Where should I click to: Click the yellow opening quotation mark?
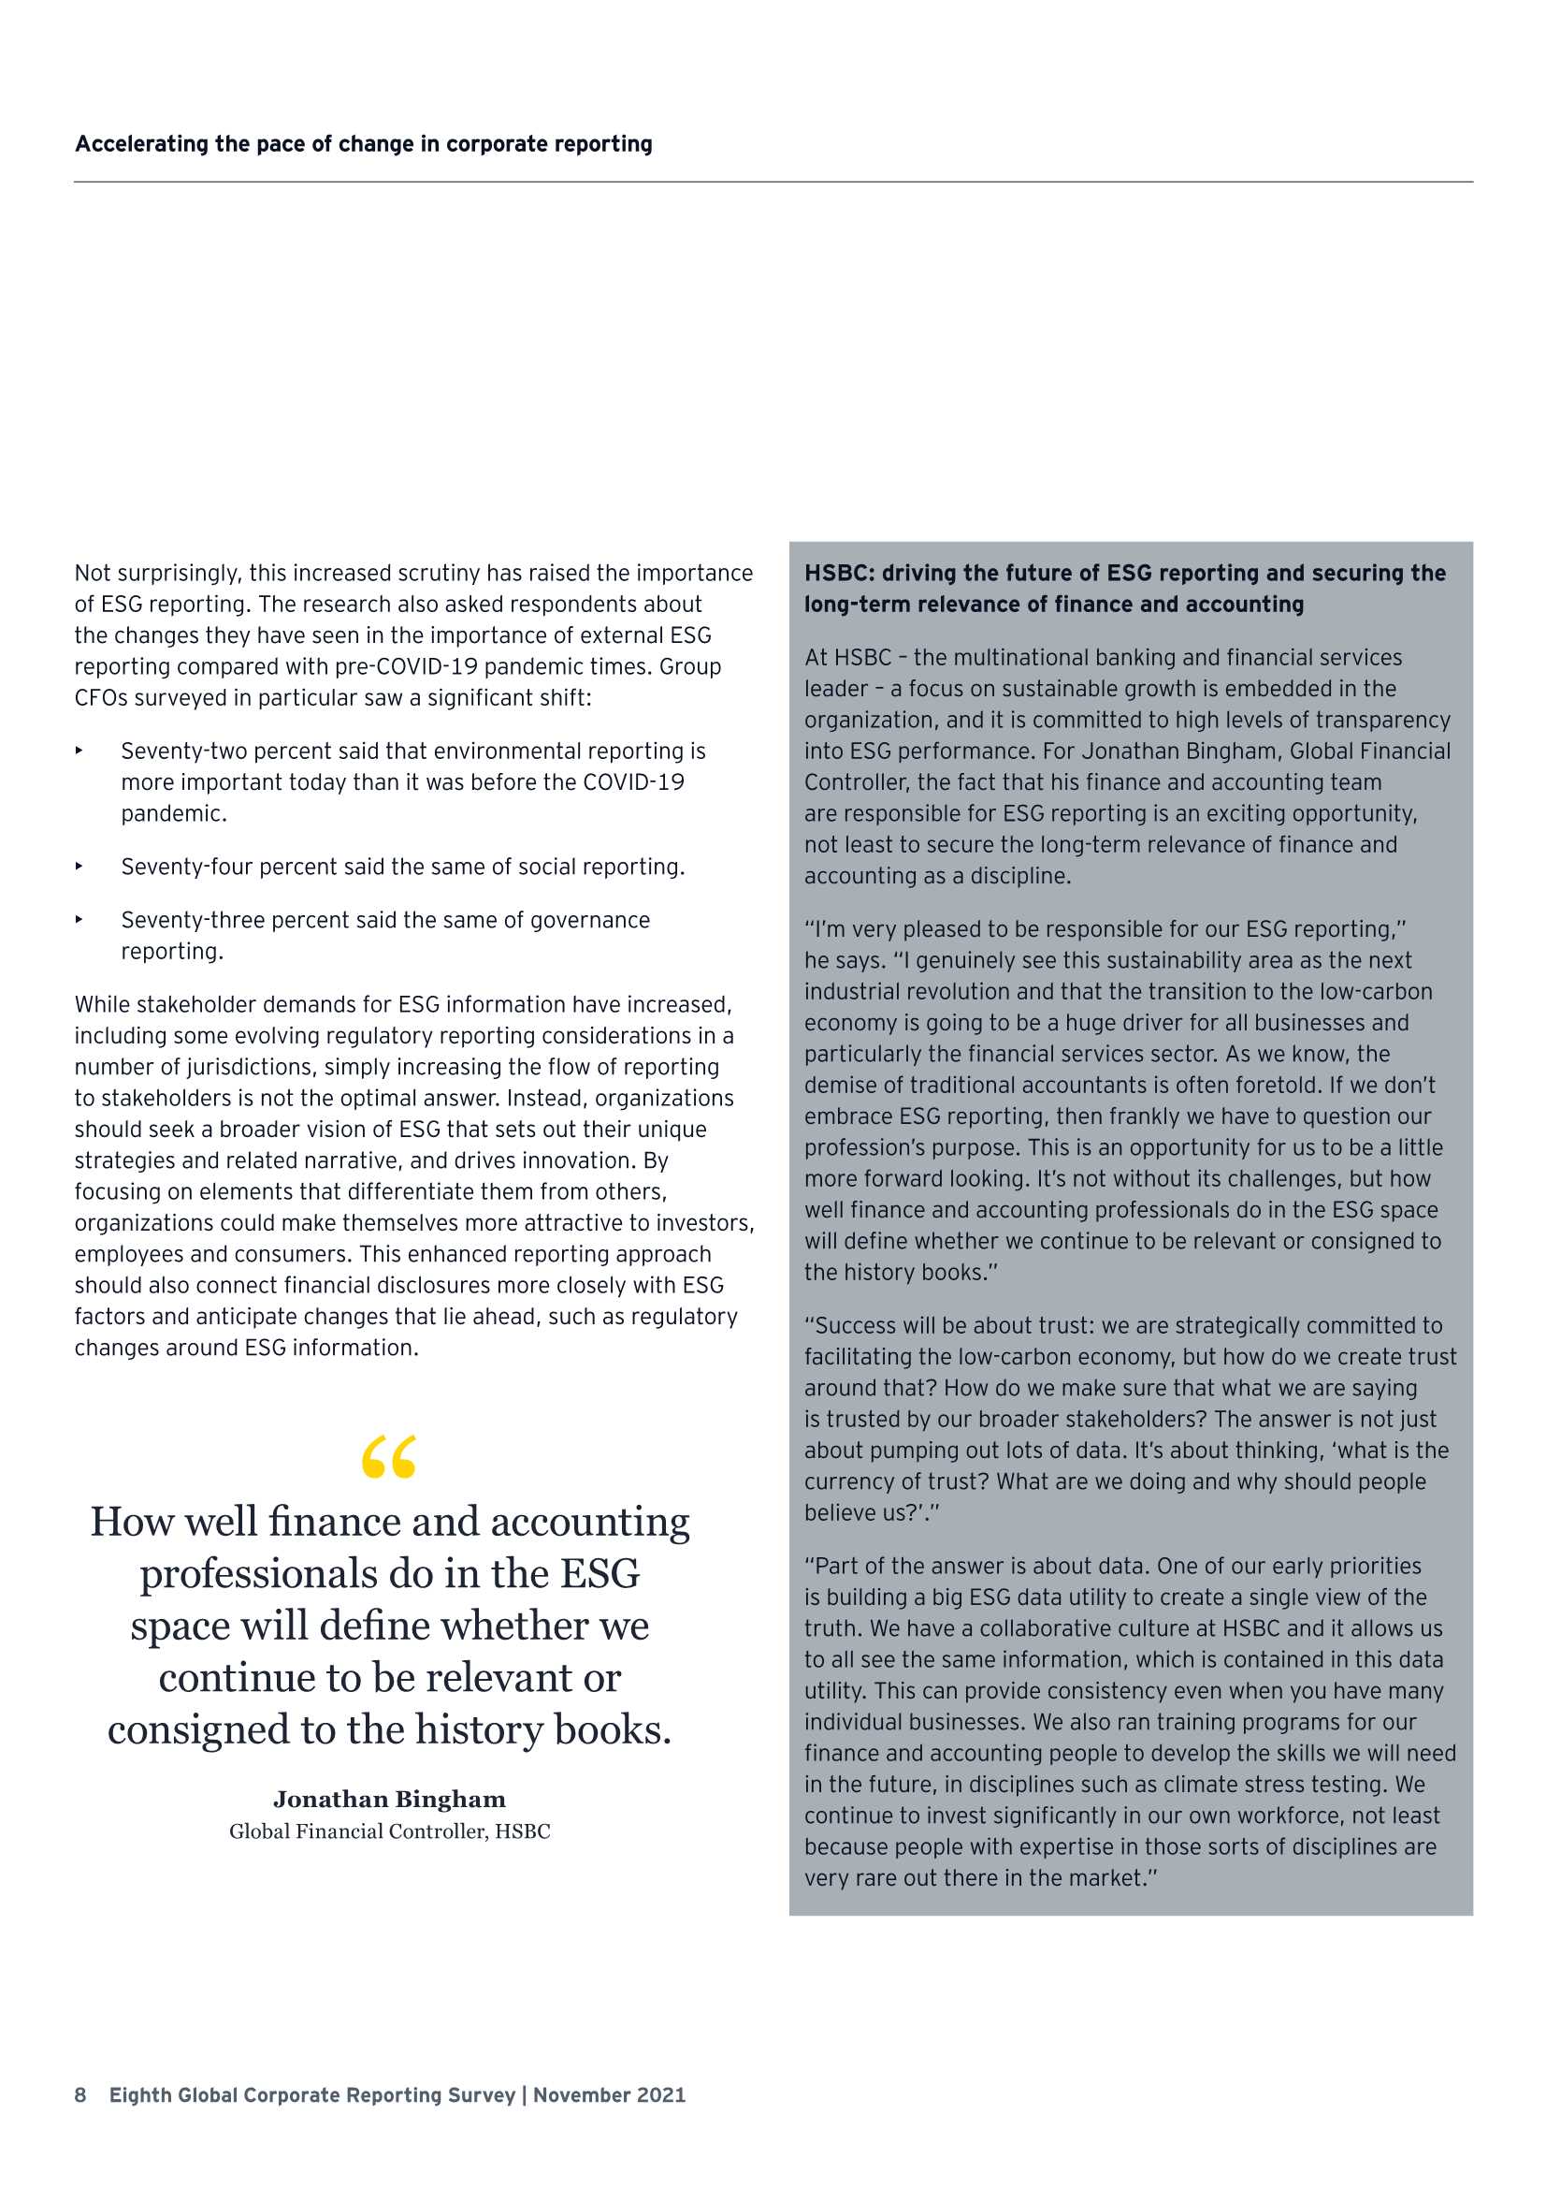click(389, 1456)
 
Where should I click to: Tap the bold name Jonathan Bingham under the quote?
click(390, 1800)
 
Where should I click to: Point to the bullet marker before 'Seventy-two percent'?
click(79, 751)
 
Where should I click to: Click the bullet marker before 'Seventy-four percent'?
click(79, 867)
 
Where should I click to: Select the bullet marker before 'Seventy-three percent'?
click(79, 920)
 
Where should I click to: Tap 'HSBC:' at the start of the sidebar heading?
click(839, 573)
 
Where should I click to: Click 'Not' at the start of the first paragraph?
click(93, 573)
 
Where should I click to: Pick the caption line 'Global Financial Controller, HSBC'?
click(390, 1831)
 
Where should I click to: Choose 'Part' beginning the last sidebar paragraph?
click(838, 1566)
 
